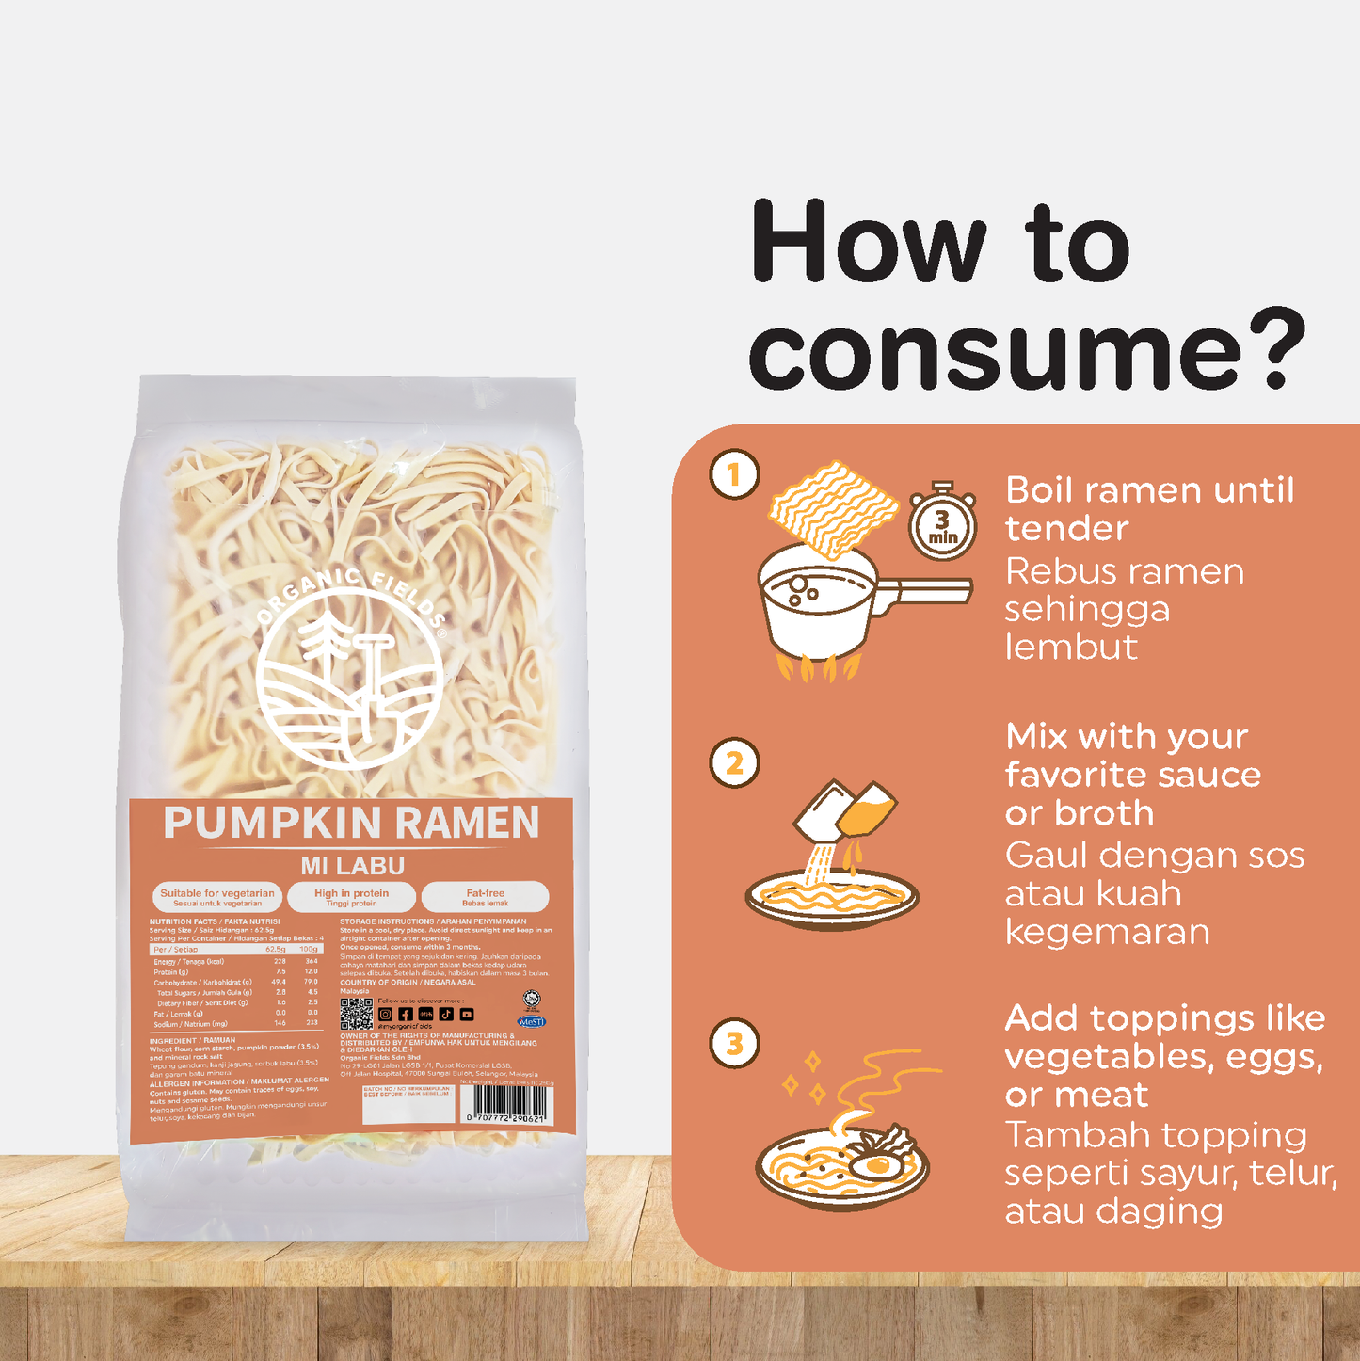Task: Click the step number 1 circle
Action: coord(734,475)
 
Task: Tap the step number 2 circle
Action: coord(734,762)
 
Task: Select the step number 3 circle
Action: coord(734,1044)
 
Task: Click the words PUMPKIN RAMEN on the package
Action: coord(351,823)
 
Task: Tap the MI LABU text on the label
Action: coord(352,866)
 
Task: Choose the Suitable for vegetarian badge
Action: coord(217,897)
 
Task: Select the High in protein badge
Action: coord(351,897)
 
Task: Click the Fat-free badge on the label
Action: coord(485,897)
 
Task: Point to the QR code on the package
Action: coord(356,1013)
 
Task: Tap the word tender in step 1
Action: coord(1066,528)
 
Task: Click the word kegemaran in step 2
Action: coord(1107,932)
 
